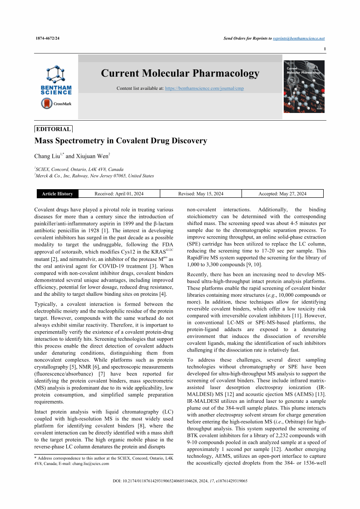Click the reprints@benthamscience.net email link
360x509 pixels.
(x=299, y=39)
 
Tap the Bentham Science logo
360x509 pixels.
(x=56, y=80)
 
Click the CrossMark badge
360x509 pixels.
(x=56, y=104)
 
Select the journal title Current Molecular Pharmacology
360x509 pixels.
(x=180, y=73)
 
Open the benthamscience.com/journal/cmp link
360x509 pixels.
(x=204, y=88)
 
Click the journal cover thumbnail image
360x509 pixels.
(x=304, y=87)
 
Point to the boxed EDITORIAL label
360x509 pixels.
(x=54, y=129)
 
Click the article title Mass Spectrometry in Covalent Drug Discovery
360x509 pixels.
(x=121, y=141)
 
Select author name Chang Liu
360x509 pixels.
(x=48, y=157)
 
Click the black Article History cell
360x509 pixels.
(x=57, y=194)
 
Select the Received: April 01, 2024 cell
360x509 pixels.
(x=119, y=194)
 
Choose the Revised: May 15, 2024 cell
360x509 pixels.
(x=201, y=194)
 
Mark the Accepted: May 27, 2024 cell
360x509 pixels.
(x=282, y=194)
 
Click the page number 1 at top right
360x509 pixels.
(x=324, y=49)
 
